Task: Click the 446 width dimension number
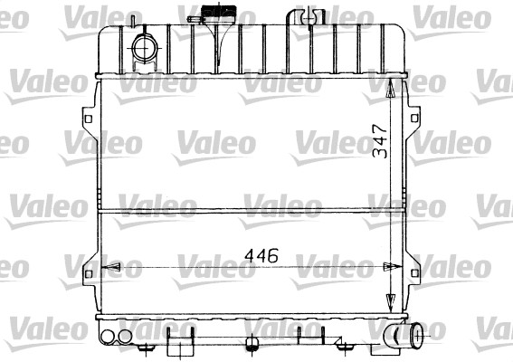(259, 255)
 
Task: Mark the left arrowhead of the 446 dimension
(109, 268)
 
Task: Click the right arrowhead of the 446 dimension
(386, 268)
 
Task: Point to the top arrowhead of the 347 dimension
(391, 89)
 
